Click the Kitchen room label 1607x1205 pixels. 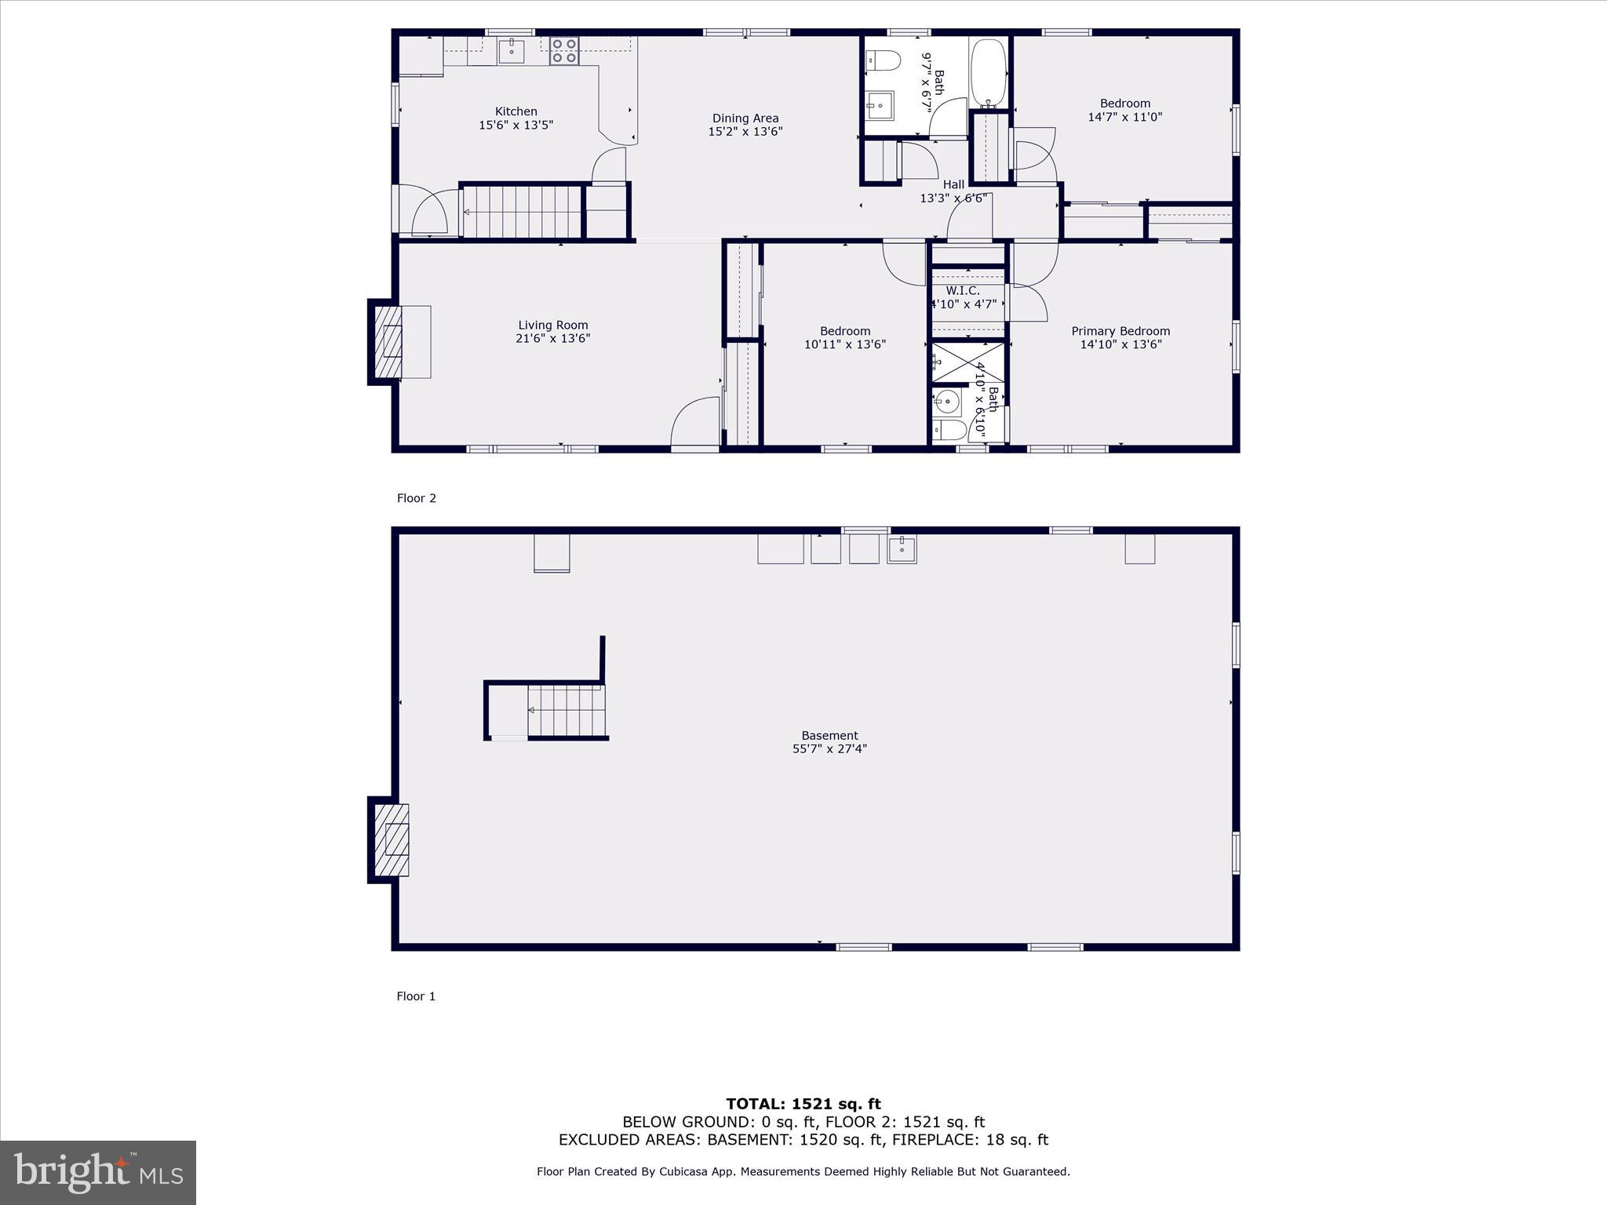516,111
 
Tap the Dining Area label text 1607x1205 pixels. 745,118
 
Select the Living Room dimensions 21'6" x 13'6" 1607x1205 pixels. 552,339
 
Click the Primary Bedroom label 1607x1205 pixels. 1120,331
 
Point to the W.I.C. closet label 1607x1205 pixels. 962,291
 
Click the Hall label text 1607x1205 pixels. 953,185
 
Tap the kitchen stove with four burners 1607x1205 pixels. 563,51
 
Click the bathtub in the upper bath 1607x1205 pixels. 988,73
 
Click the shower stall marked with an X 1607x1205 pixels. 967,362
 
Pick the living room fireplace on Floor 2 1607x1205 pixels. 388,342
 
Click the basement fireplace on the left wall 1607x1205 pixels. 390,840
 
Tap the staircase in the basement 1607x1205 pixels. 566,711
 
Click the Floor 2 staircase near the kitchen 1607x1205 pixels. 522,212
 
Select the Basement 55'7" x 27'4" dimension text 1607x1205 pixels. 829,749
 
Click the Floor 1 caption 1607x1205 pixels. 416,996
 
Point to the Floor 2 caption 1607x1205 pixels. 416,498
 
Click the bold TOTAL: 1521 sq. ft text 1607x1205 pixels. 803,1105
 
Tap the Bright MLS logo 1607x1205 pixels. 98,1172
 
